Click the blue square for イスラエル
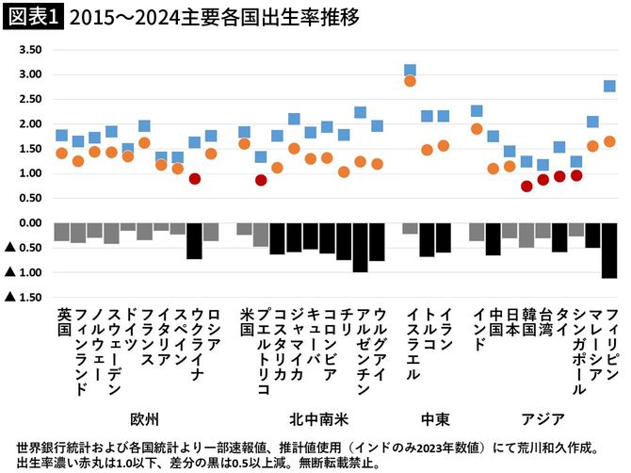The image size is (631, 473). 410,71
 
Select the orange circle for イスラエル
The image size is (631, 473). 410,81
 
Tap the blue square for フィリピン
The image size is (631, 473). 609,86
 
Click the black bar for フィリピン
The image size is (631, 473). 609,250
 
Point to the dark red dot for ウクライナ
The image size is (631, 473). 194,178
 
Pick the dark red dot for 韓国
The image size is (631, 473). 526,186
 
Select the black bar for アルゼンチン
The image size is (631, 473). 360,247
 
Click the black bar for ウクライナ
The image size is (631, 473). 194,240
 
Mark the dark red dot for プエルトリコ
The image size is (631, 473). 261,180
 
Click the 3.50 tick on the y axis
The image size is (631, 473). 31,50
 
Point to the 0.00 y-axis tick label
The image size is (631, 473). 31,223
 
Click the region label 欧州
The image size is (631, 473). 141,416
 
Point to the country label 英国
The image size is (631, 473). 63,321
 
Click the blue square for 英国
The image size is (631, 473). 62,136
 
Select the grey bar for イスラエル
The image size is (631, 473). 410,228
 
